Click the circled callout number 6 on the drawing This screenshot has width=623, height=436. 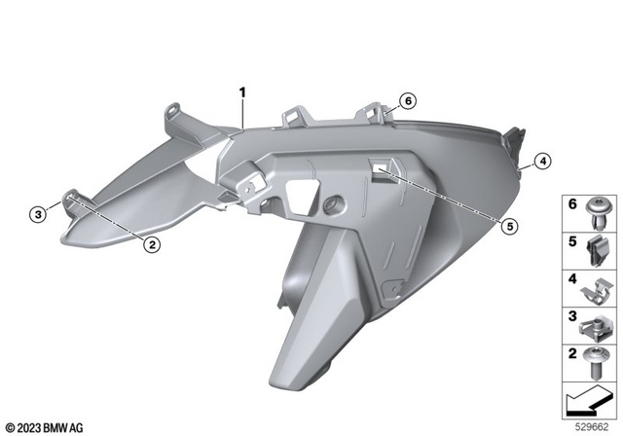click(x=407, y=100)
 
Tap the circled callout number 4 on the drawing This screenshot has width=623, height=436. click(x=542, y=162)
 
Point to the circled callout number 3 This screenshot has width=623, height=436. click(x=37, y=213)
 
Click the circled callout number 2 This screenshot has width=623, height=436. click(x=152, y=245)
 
